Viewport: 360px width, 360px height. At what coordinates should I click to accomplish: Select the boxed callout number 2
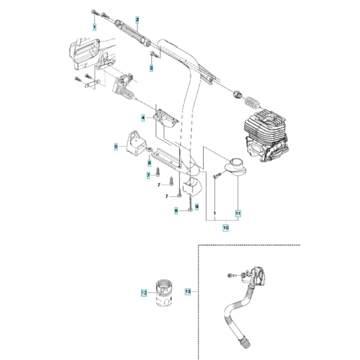(136, 21)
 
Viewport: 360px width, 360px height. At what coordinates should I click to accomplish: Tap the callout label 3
(152, 67)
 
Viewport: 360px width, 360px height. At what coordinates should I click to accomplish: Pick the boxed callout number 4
(144, 118)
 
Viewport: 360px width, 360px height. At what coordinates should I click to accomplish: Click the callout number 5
(116, 147)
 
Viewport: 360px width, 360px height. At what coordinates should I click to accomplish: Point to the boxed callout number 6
(150, 163)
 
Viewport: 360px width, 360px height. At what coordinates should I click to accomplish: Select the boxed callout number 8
(176, 210)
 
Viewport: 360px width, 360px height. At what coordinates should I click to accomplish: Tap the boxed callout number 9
(197, 206)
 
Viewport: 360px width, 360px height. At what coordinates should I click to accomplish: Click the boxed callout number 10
(226, 226)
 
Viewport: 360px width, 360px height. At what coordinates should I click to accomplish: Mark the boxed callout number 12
(144, 293)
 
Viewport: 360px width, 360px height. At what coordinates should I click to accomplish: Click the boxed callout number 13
(188, 291)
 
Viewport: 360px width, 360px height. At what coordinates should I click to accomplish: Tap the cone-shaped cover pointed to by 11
(235, 167)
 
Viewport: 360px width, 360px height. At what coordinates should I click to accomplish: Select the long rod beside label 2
(135, 32)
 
